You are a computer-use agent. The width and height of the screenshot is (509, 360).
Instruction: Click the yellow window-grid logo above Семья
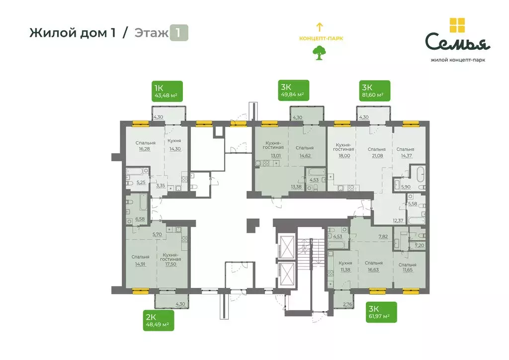[457, 25]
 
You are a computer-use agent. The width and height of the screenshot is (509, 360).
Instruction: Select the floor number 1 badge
[179, 33]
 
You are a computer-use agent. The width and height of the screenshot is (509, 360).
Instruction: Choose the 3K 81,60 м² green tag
[375, 91]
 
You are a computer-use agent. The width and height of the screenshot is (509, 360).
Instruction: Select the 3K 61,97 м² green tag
[382, 312]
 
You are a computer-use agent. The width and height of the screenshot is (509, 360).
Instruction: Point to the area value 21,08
[377, 155]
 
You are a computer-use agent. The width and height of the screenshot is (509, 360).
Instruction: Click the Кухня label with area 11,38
[345, 263]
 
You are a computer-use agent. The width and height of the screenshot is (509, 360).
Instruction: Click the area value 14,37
[406, 155]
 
